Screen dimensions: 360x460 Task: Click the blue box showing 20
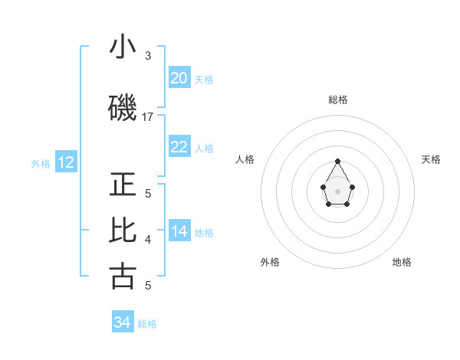(x=179, y=78)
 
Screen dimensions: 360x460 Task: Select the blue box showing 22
(x=179, y=147)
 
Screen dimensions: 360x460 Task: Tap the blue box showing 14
(x=179, y=232)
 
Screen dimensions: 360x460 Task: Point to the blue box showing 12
(x=66, y=162)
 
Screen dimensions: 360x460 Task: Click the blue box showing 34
(x=123, y=322)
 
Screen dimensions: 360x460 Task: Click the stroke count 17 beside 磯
(x=148, y=117)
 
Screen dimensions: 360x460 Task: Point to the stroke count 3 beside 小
(x=148, y=55)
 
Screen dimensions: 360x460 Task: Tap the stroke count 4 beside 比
(x=148, y=240)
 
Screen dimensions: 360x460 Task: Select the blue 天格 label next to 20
(x=204, y=79)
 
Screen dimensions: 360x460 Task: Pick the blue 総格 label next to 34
(x=147, y=324)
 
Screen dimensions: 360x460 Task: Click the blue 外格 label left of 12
(x=41, y=163)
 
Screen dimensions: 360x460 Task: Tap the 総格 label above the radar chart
(x=338, y=100)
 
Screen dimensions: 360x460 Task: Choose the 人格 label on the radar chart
(x=245, y=159)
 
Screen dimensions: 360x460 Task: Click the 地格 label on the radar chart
(x=402, y=262)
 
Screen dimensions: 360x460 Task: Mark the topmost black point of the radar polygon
(x=338, y=161)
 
